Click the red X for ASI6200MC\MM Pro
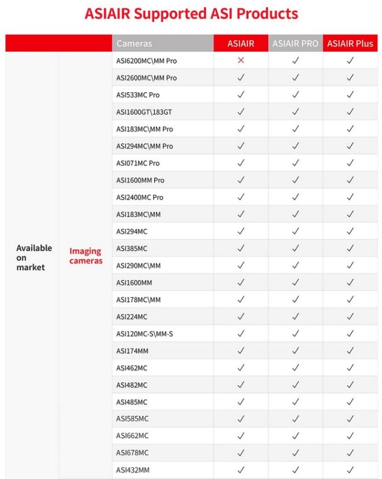(241, 60)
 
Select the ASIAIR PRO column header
(295, 43)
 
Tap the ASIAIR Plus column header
(350, 43)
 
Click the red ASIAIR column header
(241, 43)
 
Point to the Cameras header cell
(134, 43)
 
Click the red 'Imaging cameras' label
(86, 256)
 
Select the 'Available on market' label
(34, 257)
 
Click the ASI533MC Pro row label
(138, 95)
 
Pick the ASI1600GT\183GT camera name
(144, 111)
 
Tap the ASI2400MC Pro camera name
(140, 197)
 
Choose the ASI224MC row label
(132, 317)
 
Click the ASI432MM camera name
(132, 470)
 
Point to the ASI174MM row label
(132, 351)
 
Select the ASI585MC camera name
(132, 419)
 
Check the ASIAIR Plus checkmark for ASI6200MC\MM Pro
(350, 60)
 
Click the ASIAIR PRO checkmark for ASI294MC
(295, 231)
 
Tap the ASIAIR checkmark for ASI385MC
(241, 248)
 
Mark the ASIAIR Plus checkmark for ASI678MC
(350, 453)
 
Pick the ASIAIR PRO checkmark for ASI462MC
(295, 368)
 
